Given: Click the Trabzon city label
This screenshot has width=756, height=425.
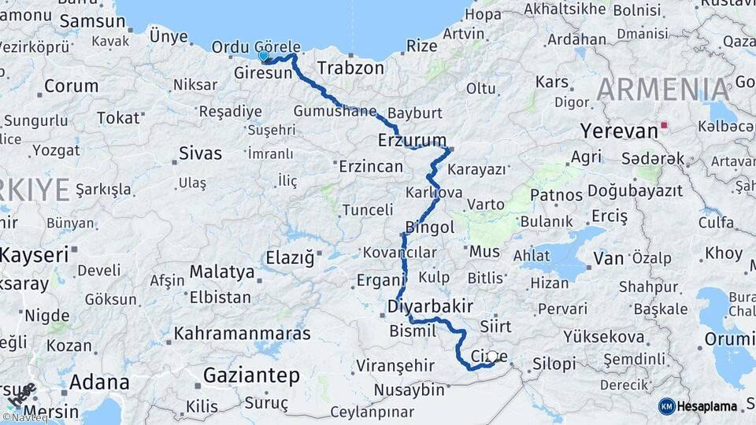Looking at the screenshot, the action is coord(350,68).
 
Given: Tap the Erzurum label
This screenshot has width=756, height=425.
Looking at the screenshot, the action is coord(412,141).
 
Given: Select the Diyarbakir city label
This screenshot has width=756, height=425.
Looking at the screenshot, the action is coord(430,305).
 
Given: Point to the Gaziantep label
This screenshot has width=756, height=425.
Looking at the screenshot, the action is coord(251,376).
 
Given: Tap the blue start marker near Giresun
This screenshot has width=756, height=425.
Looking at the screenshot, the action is coord(264,56).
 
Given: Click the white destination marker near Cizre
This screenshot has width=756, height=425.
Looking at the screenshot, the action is coord(491,357).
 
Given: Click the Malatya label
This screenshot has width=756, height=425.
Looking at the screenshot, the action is coord(222,273).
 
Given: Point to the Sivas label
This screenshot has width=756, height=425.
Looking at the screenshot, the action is coord(201,153).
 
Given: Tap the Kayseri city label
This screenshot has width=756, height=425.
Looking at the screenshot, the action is coord(34,254).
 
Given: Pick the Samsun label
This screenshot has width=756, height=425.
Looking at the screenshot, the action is coord(81,22).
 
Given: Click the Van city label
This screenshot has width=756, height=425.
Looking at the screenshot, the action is coord(608,257).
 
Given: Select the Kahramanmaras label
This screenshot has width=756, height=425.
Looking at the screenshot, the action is coord(243,334).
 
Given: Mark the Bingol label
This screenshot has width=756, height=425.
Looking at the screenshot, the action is coord(430,228).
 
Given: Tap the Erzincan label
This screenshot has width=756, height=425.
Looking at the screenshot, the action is coord(370,167).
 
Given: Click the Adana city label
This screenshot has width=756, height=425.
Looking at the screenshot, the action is coord(99,382).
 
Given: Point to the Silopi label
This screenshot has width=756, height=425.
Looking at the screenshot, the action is coord(554,364).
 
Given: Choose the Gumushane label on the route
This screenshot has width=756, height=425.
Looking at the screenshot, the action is coord(335,111).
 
